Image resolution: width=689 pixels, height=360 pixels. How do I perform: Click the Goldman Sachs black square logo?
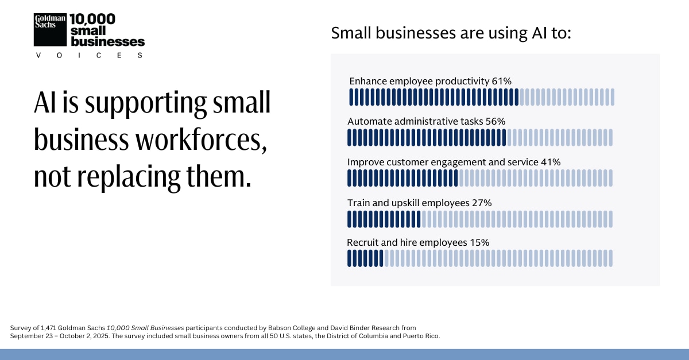point(51,29)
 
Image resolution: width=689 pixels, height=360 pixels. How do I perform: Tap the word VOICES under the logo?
point(89,55)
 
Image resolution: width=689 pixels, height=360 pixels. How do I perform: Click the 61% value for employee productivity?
point(501,81)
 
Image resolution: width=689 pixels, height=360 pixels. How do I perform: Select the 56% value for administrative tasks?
point(495,121)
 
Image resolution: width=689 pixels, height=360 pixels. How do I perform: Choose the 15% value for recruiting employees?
point(479,242)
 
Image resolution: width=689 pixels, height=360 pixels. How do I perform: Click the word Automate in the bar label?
point(367,121)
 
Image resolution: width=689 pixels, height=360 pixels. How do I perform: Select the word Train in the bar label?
point(359,202)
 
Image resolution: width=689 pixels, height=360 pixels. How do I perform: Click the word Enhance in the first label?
point(368,81)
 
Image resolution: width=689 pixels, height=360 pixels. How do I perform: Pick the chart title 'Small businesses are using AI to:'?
point(451,33)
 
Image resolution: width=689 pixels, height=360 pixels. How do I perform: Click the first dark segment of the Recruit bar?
point(349,258)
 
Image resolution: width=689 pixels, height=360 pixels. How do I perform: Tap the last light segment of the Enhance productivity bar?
point(613,97)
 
